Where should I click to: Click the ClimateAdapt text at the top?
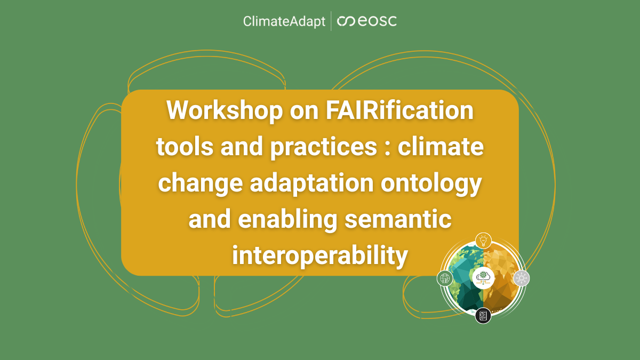pos(284,21)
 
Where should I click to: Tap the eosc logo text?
pos(377,21)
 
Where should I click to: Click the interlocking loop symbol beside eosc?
pos(346,21)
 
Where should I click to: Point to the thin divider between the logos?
pos(331,21)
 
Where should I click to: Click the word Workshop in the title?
pos(225,110)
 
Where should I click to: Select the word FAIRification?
pos(399,110)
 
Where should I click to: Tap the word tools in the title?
pos(185,146)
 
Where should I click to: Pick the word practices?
pos(323,147)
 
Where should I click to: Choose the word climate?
pos(441,146)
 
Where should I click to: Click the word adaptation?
pos(311,183)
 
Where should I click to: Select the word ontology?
pos(431,183)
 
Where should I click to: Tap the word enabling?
pos(287,220)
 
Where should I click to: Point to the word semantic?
pos(398,219)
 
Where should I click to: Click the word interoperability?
pos(319,255)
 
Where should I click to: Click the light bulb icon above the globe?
pos(483,241)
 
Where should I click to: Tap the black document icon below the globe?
pos(483,316)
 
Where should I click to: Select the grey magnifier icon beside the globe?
pos(522,278)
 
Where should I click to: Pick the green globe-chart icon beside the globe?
pos(445,278)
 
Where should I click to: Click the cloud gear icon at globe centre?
pos(483,278)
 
